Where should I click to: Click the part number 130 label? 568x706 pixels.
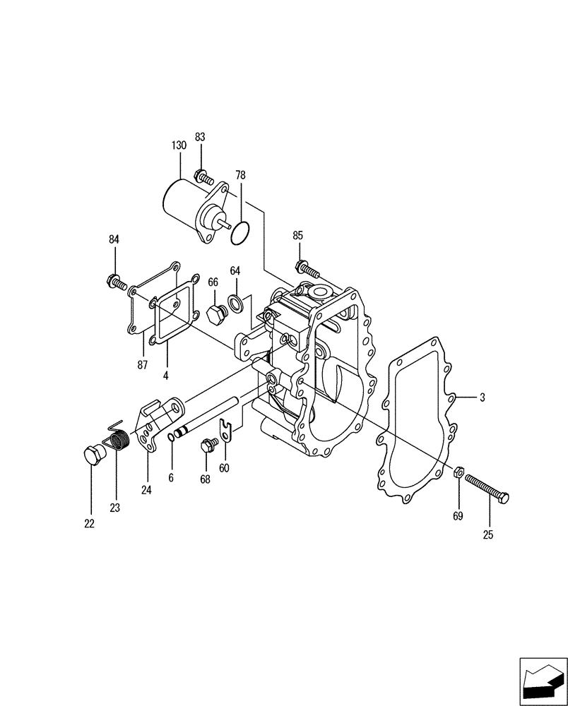(x=179, y=145)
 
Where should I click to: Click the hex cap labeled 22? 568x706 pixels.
(x=93, y=455)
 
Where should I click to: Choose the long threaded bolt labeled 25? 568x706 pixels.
(x=487, y=487)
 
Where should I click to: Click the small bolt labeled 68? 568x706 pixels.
(x=208, y=445)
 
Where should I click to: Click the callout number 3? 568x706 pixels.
(x=482, y=397)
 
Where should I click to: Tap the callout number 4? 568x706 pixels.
(x=166, y=376)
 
